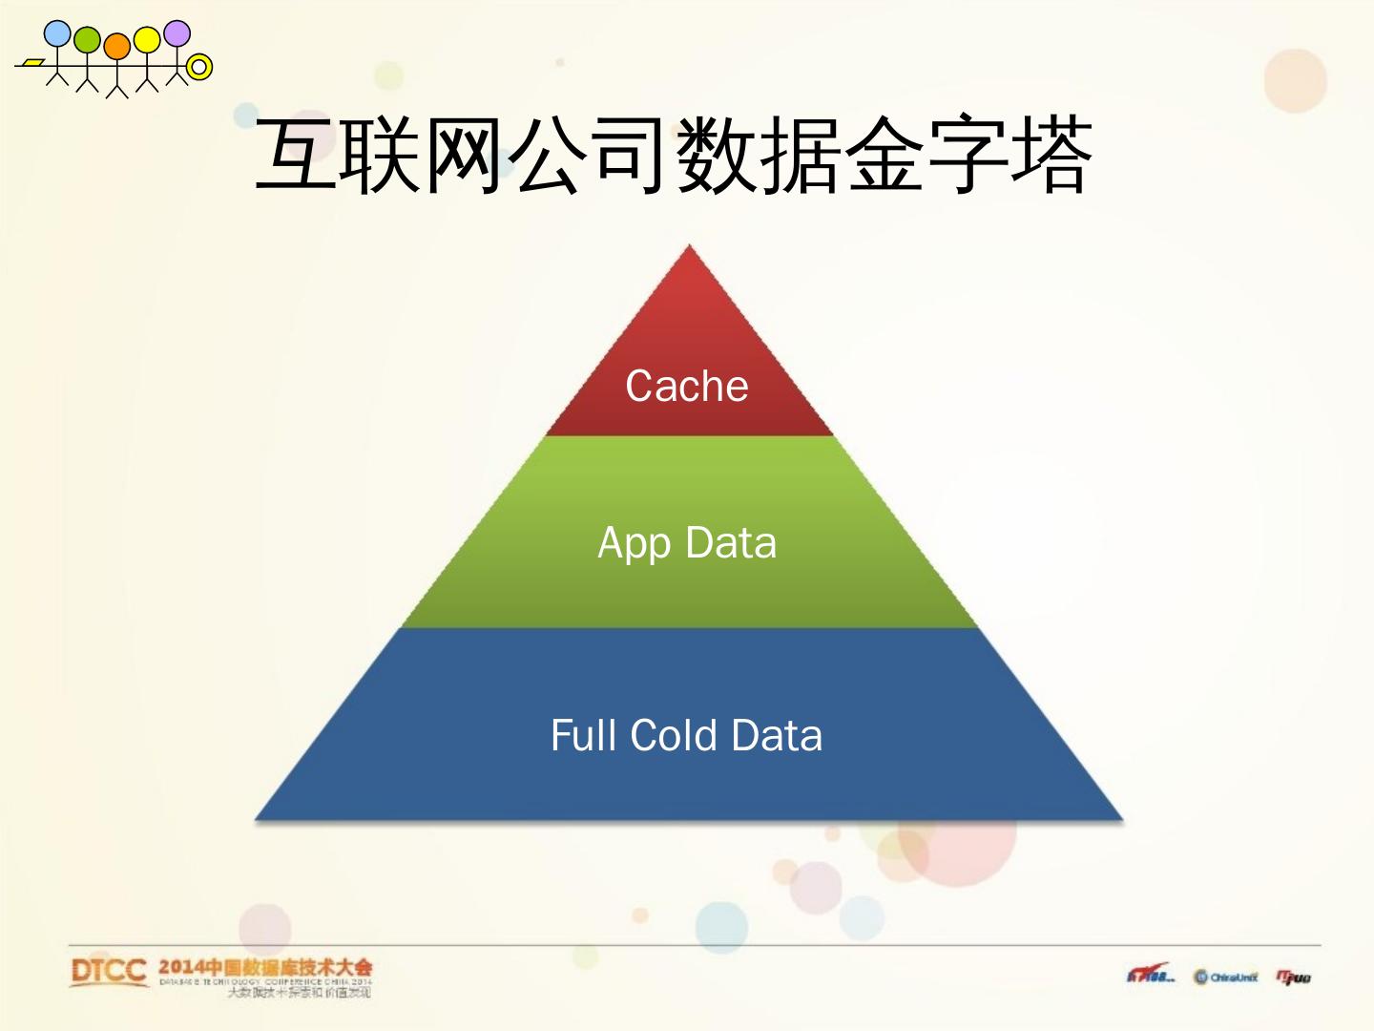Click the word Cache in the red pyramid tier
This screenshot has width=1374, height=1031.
click(x=686, y=387)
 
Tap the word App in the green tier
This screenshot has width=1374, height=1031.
click(x=634, y=543)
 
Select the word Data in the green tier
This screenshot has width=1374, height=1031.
click(x=731, y=543)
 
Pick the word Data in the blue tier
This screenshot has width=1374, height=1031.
click(x=777, y=736)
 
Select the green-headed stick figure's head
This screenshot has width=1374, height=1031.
click(x=87, y=39)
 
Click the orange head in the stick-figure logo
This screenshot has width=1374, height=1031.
click(x=116, y=46)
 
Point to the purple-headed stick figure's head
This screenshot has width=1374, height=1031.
click(x=177, y=33)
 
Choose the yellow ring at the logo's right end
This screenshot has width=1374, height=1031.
click(x=199, y=68)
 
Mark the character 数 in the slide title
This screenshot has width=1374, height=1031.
click(x=716, y=155)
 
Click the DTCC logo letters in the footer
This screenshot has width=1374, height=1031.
click(x=108, y=972)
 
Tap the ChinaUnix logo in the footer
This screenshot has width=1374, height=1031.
click(x=1225, y=978)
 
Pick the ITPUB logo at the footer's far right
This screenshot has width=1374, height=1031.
click(x=1294, y=978)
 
